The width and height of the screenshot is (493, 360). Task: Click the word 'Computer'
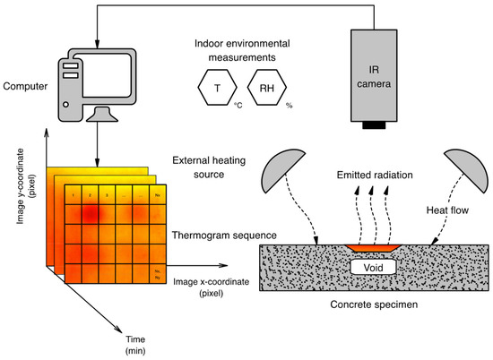25,86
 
